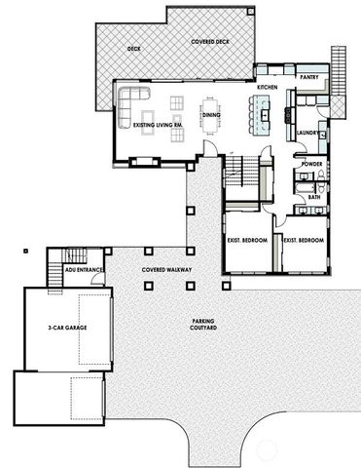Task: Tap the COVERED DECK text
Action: [207, 42]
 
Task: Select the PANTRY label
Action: [310, 75]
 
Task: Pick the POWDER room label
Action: [312, 164]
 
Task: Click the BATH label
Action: [314, 197]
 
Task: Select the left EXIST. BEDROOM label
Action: [249, 240]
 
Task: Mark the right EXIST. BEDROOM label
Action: [303, 240]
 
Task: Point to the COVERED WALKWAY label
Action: [164, 267]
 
